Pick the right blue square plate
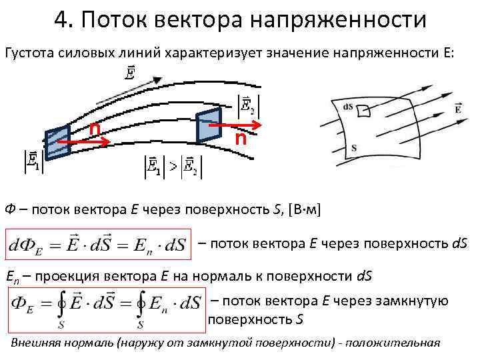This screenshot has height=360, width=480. point(208,125)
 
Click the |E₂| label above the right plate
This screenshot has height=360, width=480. point(249,105)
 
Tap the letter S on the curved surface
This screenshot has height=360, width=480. point(353,147)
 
